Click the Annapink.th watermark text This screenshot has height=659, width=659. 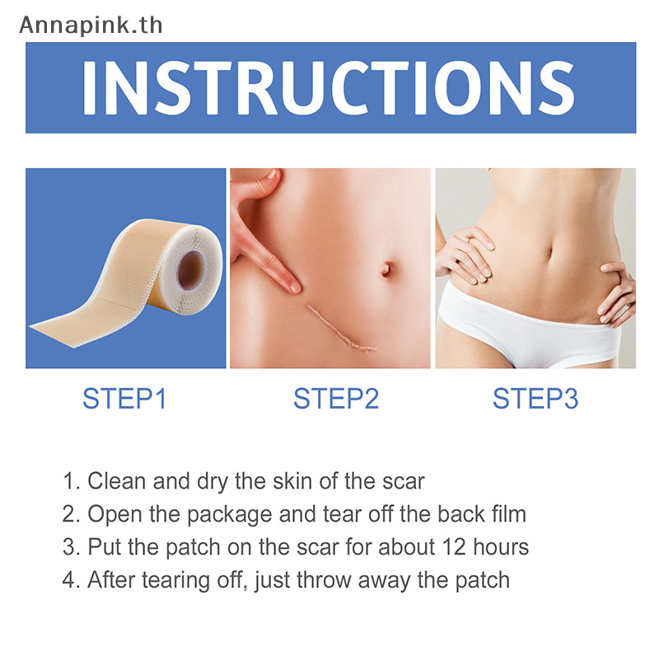pyautogui.click(x=91, y=26)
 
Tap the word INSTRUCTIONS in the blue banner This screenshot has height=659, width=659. pyautogui.click(x=329, y=88)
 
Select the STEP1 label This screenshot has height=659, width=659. pyautogui.click(x=125, y=398)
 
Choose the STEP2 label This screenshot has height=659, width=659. pyautogui.click(x=336, y=398)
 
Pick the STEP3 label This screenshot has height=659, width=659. pyautogui.click(x=535, y=398)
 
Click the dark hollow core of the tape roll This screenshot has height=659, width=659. pyautogui.click(x=191, y=271)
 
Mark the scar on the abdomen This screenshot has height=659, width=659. pyautogui.click(x=340, y=328)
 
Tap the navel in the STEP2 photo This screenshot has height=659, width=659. pyautogui.click(x=386, y=269)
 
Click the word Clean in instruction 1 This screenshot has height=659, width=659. pyautogui.click(x=117, y=481)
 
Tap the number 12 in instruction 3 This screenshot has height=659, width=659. pyautogui.click(x=455, y=547)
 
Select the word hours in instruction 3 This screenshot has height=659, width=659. pyautogui.click(x=501, y=547)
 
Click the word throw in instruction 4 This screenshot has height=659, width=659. pyautogui.click(x=324, y=580)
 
